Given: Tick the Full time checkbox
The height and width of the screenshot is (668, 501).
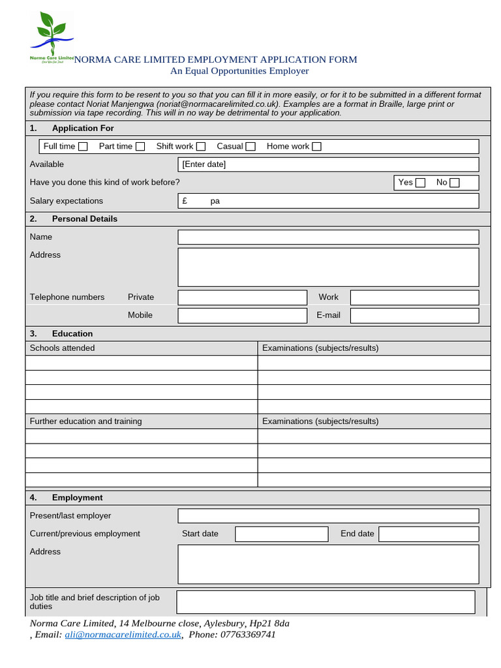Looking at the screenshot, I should coord(83,147).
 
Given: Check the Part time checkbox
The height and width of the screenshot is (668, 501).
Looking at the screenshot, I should coord(140,147).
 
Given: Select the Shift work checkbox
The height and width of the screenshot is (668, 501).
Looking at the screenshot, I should coord(201,147).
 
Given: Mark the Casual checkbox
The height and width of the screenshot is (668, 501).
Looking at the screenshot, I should coord(250,147).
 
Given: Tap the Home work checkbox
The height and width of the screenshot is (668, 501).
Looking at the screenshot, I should coord(316,147).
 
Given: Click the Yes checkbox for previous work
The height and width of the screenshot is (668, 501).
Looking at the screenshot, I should coord(420,183).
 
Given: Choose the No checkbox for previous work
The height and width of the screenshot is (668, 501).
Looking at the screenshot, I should coord(455,183).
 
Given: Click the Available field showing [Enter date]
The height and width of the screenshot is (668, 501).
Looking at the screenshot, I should coord(328,164).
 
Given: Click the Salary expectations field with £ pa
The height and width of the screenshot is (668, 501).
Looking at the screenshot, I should coord(328,201).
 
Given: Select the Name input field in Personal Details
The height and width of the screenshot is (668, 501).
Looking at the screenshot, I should coord(328,237).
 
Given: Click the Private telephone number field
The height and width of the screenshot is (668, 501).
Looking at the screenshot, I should coord(242,297).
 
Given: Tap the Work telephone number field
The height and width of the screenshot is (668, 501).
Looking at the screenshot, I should coord(414,297).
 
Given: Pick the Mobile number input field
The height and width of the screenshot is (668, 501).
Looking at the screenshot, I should coord(242,316).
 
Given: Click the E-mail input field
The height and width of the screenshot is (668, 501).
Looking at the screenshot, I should coord(414,316).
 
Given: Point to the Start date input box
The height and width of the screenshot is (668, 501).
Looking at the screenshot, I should coord(281,534).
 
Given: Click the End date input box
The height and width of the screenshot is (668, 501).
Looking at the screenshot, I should coord(429,534).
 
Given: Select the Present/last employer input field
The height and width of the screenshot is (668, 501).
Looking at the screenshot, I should coord(328,516).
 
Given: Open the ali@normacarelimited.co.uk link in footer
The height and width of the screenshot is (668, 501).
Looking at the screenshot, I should coord(123,635).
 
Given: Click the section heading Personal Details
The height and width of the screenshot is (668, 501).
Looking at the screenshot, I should coord(85,219).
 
